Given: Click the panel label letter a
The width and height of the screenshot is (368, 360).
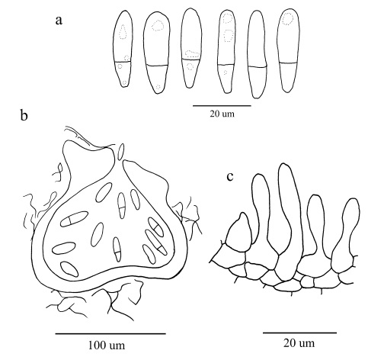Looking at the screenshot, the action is point(59,21).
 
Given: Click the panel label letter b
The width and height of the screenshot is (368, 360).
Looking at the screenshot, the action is point(24,116).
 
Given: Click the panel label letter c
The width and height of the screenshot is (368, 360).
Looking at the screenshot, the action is point(230,177).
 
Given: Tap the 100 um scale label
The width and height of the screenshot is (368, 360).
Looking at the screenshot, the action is point(107,346).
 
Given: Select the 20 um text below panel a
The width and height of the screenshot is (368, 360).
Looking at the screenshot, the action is point(222,114).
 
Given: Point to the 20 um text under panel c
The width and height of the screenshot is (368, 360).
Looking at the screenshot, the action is point(299,343).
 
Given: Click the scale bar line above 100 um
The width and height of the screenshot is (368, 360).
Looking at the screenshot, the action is point(110,333).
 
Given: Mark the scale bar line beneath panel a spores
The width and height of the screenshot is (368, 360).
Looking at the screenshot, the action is point(222,105).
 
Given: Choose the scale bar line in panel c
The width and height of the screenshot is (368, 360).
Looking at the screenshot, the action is point(299,333).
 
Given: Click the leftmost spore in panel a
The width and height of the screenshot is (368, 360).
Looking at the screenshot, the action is point(123,49).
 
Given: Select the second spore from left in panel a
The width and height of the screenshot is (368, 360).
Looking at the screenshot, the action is point(155,53).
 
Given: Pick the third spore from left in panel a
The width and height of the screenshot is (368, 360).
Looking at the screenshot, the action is point(191,48).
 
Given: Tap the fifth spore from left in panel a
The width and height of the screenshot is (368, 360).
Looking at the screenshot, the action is point(258,54).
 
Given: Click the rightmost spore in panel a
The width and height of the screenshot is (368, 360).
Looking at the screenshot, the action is point(288,50).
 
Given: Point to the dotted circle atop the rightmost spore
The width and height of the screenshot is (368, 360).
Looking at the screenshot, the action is point(288,19).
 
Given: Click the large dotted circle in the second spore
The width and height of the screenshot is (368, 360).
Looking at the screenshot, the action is point(158,26).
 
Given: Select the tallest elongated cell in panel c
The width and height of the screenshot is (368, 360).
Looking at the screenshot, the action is point(290,222).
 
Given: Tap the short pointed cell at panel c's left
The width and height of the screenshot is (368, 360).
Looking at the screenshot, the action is point(238,233).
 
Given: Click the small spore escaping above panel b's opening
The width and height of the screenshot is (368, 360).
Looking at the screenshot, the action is point(122,152).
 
